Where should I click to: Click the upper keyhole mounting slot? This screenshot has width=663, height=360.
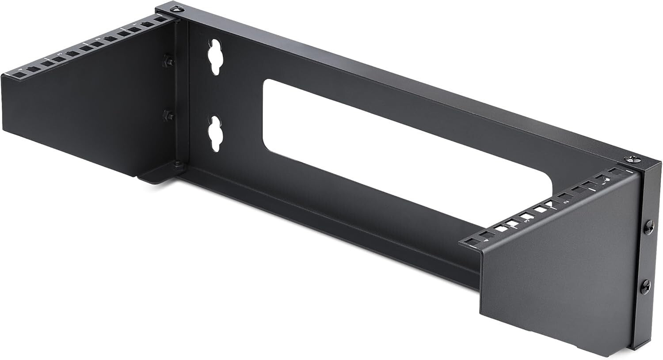[x=215, y=56]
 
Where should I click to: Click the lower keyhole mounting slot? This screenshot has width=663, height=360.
[x=215, y=133]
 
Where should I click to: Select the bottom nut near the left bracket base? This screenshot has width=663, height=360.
[x=178, y=166]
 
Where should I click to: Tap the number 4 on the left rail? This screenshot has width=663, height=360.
[x=20, y=69]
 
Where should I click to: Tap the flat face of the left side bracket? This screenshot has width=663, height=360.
[x=88, y=115]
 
